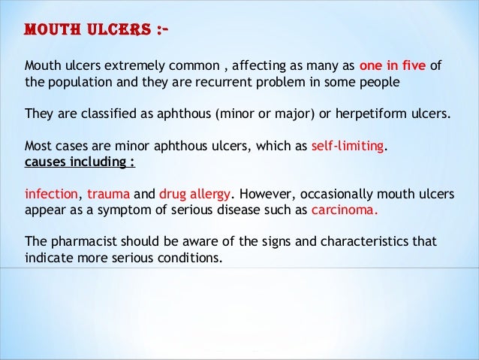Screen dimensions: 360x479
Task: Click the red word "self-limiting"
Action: coord(347,147)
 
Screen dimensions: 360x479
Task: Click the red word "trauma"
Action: coord(108,194)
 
